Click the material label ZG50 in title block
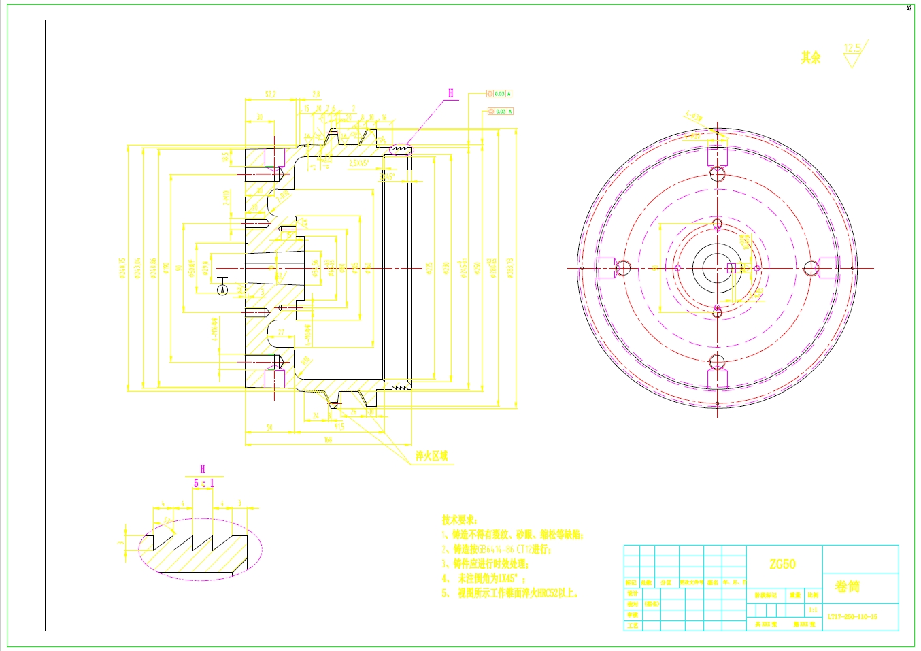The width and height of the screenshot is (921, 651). (782, 564)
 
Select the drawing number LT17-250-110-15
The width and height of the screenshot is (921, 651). (852, 617)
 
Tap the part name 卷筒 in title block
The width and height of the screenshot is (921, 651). (847, 586)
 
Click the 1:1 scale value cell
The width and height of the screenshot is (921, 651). (813, 610)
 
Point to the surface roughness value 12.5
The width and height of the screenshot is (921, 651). (852, 48)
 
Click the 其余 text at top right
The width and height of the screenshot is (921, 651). (810, 58)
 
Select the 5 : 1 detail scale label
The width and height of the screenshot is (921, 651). (203, 483)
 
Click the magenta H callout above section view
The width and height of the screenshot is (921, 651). (450, 93)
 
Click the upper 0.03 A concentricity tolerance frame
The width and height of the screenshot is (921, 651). (500, 94)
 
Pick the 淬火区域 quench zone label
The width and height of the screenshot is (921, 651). (432, 456)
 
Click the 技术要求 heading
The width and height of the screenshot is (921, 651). (459, 520)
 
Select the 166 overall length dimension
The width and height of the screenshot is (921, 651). (328, 440)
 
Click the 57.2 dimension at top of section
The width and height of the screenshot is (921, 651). (269, 95)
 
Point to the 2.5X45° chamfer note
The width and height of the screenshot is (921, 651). (358, 163)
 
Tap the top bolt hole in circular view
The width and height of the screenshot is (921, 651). (717, 174)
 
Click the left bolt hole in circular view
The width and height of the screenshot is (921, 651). (623, 268)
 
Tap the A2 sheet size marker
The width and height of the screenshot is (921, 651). (909, 9)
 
